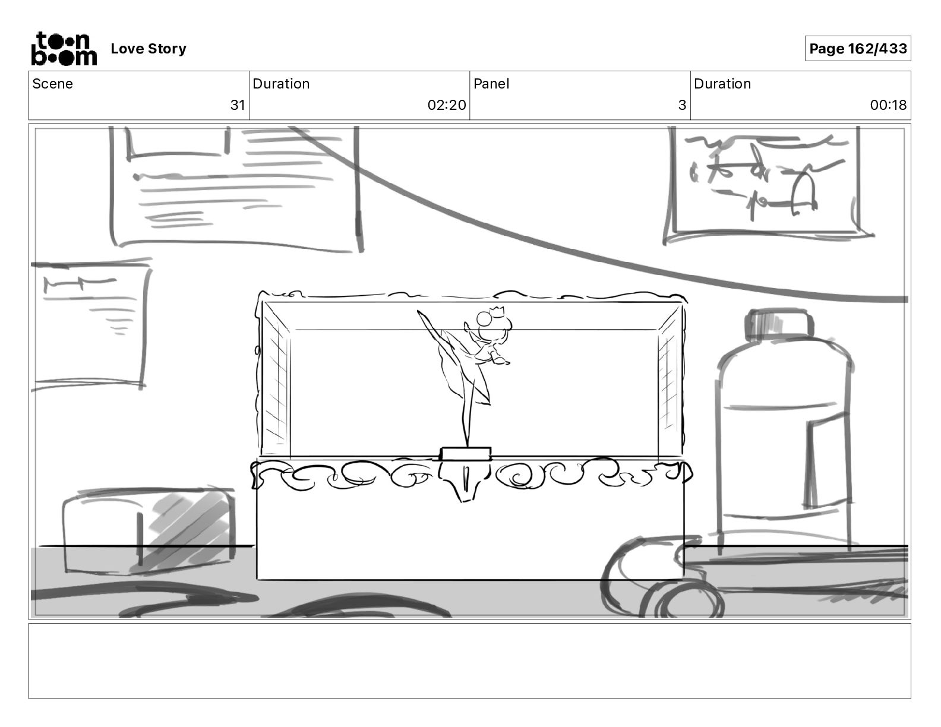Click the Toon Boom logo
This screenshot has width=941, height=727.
pyautogui.click(x=64, y=48)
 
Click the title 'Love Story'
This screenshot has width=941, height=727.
pyautogui.click(x=149, y=49)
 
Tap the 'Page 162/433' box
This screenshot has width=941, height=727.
pyautogui.click(x=858, y=49)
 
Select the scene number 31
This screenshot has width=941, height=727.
pyautogui.click(x=238, y=105)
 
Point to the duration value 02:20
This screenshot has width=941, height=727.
pyautogui.click(x=447, y=105)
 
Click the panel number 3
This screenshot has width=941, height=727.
pyautogui.click(x=682, y=105)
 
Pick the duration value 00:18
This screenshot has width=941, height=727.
pyautogui.click(x=888, y=105)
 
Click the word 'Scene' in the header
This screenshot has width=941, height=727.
pyautogui.click(x=53, y=84)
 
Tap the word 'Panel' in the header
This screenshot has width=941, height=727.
pyautogui.click(x=491, y=84)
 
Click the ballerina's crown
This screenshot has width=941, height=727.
pyautogui.click(x=495, y=309)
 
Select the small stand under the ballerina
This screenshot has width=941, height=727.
pyautogui.click(x=466, y=454)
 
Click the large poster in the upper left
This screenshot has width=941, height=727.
pyautogui.click(x=235, y=187)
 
